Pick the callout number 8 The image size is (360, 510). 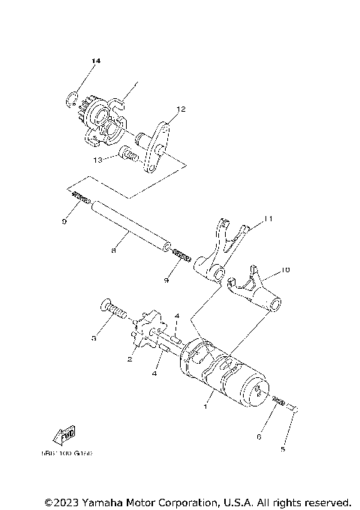pyautogui.click(x=112, y=251)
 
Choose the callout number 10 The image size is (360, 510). pyautogui.click(x=286, y=268)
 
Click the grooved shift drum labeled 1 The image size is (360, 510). pyautogui.click(x=221, y=370)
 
